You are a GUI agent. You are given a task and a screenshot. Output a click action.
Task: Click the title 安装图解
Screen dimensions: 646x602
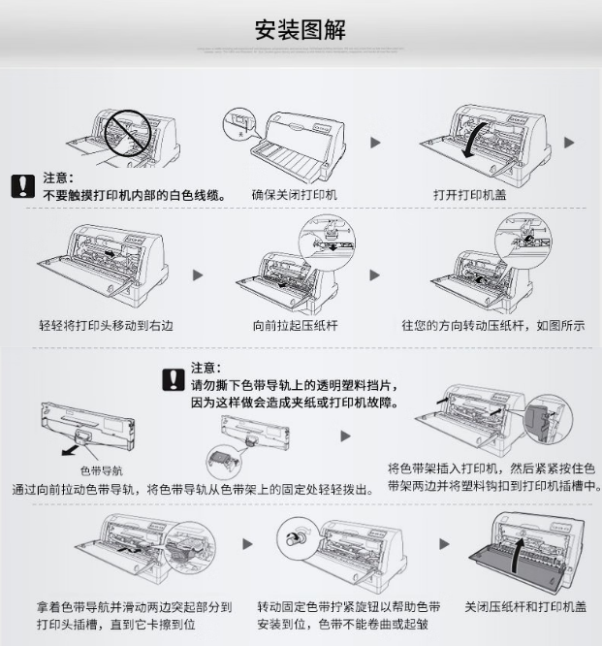pyautogui.click(x=300, y=29)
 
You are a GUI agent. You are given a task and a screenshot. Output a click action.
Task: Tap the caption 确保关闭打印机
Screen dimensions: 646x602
pyautogui.click(x=294, y=194)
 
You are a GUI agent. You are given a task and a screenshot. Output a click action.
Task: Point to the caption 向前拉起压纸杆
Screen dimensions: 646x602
pyautogui.click(x=294, y=325)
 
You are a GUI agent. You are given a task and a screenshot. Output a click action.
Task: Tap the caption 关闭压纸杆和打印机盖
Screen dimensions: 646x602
pyautogui.click(x=525, y=606)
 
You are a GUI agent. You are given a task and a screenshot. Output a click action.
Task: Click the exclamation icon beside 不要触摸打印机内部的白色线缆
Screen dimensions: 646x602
pyautogui.click(x=21, y=186)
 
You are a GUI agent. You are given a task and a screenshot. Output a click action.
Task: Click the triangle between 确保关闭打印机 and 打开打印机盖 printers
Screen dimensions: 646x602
pyautogui.click(x=375, y=143)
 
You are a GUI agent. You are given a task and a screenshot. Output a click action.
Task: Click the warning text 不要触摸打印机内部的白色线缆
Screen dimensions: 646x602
pyautogui.click(x=134, y=195)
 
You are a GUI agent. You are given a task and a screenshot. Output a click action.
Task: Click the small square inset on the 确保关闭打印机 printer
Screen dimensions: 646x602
pyautogui.click(x=234, y=124)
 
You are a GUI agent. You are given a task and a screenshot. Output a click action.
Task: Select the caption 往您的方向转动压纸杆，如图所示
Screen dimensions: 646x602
pyautogui.click(x=492, y=325)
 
